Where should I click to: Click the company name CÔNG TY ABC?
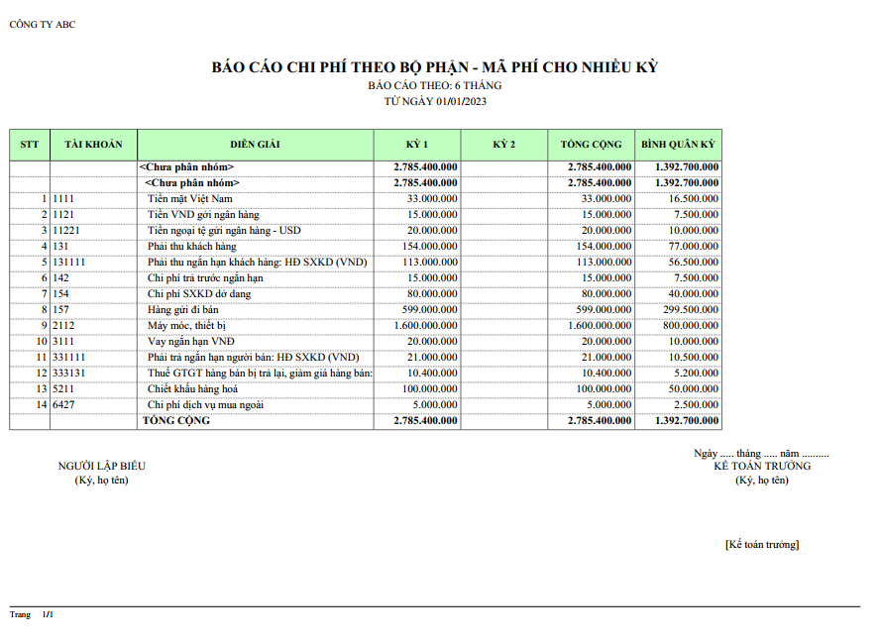coord(42,25)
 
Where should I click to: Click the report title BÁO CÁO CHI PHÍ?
coord(435,67)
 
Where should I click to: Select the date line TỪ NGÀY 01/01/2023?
coord(435,101)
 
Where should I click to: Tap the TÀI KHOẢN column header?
coord(93,145)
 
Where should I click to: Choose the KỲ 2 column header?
coord(503,145)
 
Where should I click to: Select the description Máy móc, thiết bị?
coord(187,325)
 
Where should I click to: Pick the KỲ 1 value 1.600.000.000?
coord(425,325)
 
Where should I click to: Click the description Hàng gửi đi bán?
coord(182,309)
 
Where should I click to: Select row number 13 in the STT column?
coord(42,388)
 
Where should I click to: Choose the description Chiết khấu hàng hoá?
coord(192,388)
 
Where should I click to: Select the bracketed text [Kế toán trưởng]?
coord(761,545)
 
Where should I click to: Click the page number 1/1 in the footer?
coord(48,615)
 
